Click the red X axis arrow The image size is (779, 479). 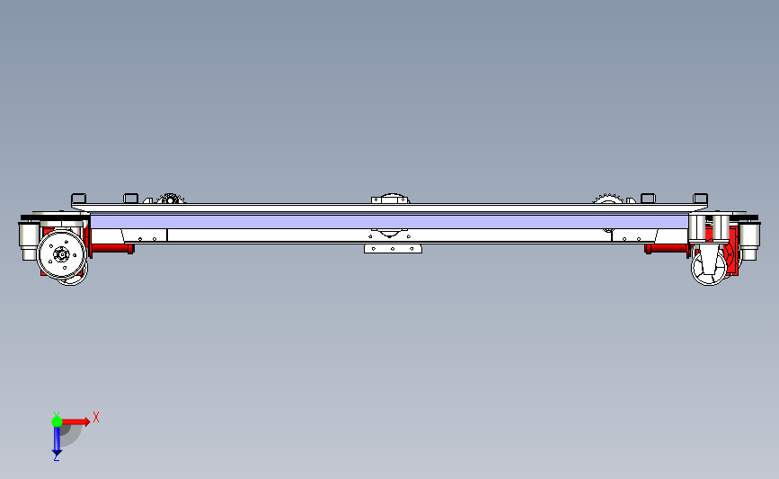[x=78, y=421]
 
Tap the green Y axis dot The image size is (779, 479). [x=57, y=421]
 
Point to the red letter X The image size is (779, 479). [x=95, y=417]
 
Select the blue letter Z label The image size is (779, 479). [x=56, y=458]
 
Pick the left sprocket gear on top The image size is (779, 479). [x=170, y=199]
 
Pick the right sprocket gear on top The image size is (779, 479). [x=606, y=198]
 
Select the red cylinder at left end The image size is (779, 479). [x=111, y=247]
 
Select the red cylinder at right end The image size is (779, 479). [x=666, y=248]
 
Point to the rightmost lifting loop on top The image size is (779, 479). [x=701, y=196]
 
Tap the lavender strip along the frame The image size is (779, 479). [x=389, y=221]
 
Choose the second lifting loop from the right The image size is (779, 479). [x=648, y=197]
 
